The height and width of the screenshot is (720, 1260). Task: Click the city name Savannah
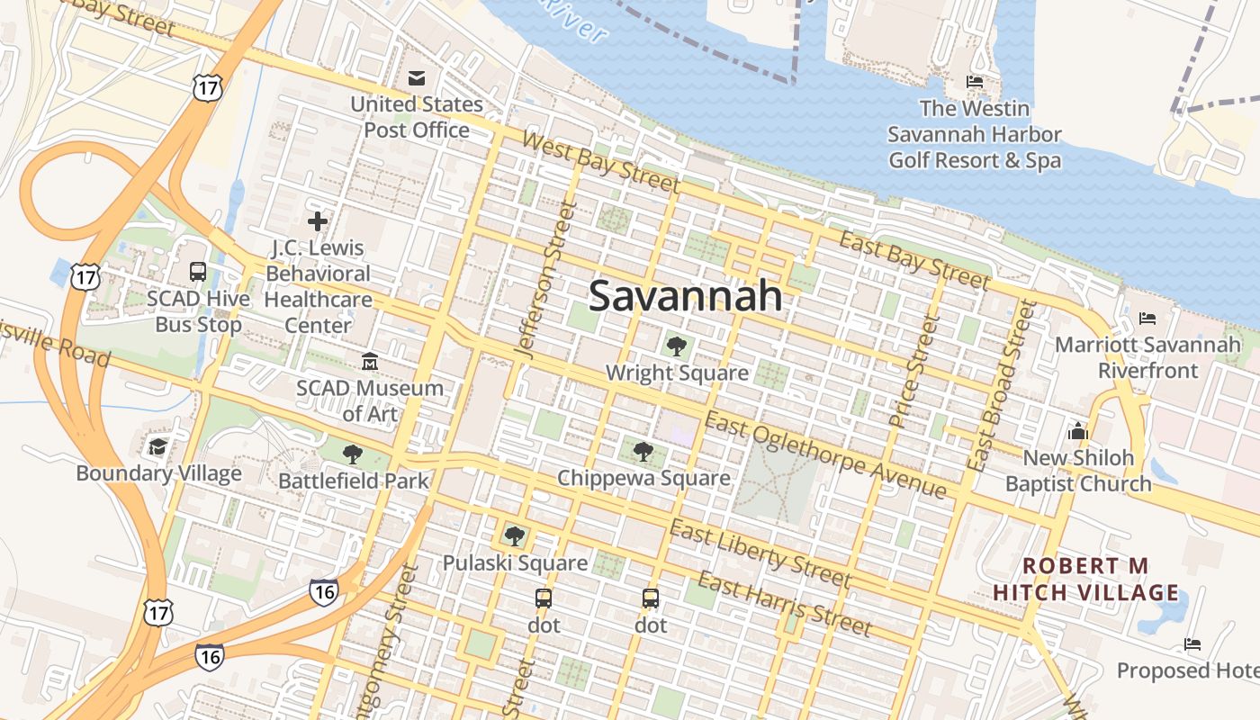click(x=684, y=296)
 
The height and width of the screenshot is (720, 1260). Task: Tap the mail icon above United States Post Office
click(x=416, y=78)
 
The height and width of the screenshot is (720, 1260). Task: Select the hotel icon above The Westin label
click(x=974, y=82)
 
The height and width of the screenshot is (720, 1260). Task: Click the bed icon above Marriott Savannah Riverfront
click(x=1147, y=319)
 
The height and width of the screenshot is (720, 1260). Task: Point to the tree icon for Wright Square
click(x=676, y=345)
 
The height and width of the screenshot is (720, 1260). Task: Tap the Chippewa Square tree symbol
click(x=643, y=450)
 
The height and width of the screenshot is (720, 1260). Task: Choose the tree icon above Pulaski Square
click(x=514, y=536)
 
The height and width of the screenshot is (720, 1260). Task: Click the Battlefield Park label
click(x=354, y=481)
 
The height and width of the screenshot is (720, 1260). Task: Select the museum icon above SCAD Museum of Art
click(x=369, y=362)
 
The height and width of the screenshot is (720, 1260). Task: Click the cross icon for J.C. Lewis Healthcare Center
click(x=317, y=220)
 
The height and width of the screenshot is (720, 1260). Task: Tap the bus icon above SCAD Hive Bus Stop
click(x=197, y=271)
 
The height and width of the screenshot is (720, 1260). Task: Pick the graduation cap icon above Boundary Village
click(x=158, y=446)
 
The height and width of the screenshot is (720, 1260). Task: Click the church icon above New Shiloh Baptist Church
click(x=1077, y=431)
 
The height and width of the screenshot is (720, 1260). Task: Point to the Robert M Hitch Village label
click(x=1085, y=579)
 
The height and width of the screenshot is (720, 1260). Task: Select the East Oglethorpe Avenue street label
click(x=824, y=454)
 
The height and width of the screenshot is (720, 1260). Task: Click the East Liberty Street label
click(x=760, y=553)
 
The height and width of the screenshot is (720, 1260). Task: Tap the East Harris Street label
click(x=784, y=604)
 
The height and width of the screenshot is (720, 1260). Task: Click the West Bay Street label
click(x=599, y=162)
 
